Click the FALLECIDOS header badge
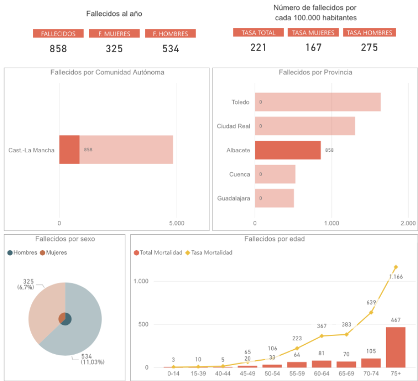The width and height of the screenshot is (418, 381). (x=58, y=34)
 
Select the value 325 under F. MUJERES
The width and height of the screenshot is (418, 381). (x=114, y=49)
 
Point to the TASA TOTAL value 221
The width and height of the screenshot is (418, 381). (x=258, y=48)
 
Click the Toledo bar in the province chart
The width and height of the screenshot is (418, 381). (x=317, y=102)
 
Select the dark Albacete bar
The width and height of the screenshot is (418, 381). (x=288, y=150)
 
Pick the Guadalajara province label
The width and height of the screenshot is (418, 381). (x=233, y=198)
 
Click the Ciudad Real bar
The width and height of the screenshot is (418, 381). (x=305, y=126)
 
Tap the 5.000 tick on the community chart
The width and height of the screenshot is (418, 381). (x=177, y=223)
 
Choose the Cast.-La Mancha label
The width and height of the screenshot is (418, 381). (x=31, y=150)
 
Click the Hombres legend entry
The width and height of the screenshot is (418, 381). (x=22, y=253)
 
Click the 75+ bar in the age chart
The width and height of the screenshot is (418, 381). (x=396, y=347)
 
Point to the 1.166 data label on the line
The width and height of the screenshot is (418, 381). (x=396, y=277)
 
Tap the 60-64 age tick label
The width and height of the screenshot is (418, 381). (x=321, y=373)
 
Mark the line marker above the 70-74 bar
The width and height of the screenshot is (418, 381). (x=371, y=312)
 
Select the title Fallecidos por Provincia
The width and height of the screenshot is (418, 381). (x=315, y=73)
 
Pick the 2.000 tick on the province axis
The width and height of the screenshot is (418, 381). (x=408, y=223)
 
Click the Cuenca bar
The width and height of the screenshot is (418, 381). (x=275, y=174)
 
